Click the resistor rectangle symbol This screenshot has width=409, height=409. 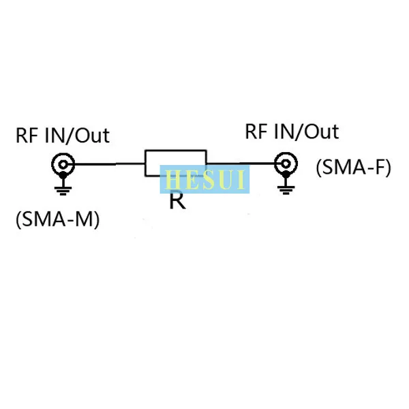tap(145, 163)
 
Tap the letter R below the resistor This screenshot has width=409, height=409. tap(178, 200)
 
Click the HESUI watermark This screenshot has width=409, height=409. tap(204, 179)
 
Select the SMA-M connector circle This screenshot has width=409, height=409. tap(63, 157)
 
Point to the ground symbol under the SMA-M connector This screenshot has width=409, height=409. tap(63, 189)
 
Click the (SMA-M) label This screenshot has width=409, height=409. tap(58, 219)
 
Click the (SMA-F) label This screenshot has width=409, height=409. tap(353, 167)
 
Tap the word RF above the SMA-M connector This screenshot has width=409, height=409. tap(27, 136)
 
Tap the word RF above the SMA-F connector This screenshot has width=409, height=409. tap(257, 132)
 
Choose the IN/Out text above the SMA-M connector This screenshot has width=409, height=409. tap(77, 136)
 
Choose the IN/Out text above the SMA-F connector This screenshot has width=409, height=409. tap(307, 132)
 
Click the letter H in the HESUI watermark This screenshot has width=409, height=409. tap(173, 179)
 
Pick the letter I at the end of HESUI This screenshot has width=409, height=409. tap(241, 179)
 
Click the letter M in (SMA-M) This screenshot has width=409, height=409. tap(84, 219)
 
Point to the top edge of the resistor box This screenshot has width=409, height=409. tap(176, 150)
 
